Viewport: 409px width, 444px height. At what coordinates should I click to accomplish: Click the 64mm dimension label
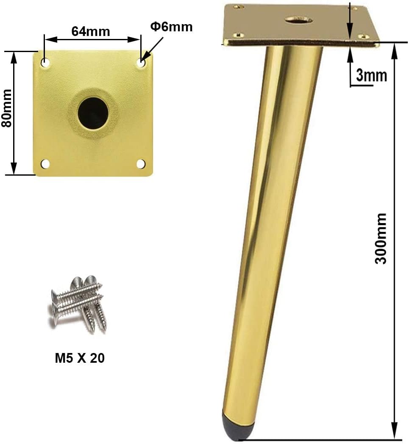click(90, 31)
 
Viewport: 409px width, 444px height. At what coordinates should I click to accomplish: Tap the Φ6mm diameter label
click(171, 27)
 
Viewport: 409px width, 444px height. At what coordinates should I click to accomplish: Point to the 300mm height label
click(381, 239)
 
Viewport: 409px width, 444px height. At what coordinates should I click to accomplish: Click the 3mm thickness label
click(371, 75)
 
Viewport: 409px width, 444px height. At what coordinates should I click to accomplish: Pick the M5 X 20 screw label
click(80, 358)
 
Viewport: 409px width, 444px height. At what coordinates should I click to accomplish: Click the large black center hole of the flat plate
click(93, 113)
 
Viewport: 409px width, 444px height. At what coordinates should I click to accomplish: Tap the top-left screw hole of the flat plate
click(45, 63)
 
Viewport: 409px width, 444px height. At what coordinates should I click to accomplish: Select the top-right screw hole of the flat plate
click(141, 63)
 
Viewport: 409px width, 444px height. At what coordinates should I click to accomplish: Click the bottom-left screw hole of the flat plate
click(45, 164)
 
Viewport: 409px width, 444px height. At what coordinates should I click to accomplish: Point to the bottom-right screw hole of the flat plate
click(141, 164)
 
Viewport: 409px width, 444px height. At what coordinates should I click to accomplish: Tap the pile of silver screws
click(79, 302)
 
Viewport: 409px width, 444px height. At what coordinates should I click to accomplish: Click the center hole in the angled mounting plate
click(298, 19)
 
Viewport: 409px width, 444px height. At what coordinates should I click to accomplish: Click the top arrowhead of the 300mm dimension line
click(395, 49)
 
